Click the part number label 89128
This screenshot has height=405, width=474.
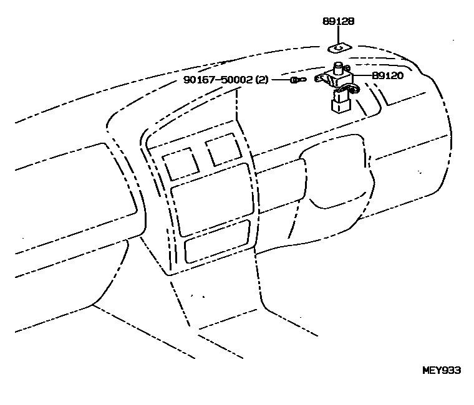click(339, 21)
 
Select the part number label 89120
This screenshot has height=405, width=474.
click(388, 75)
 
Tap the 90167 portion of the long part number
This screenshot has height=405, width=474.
click(199, 80)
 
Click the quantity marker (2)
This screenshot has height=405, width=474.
click(262, 80)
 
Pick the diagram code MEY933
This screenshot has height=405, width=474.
click(441, 369)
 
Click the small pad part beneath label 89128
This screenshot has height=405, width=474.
click(339, 47)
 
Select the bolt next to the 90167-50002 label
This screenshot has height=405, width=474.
click(297, 80)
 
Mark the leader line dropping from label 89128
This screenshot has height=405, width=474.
click(339, 34)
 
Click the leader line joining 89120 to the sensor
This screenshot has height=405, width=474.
click(363, 76)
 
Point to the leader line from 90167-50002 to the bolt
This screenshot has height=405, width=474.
click(279, 80)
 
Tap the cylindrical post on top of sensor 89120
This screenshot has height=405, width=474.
click(338, 67)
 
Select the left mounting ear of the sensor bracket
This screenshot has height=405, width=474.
click(321, 79)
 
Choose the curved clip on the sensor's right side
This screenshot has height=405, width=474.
click(354, 92)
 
